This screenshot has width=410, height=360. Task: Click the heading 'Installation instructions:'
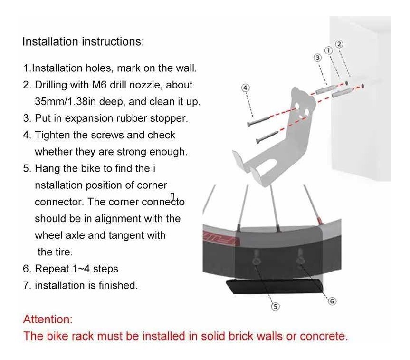tap(83, 42)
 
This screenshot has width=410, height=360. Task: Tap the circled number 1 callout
tap(328, 50)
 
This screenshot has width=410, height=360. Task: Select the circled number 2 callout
tap(339, 44)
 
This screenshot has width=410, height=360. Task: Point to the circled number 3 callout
tap(317, 58)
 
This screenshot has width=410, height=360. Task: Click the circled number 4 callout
tap(245, 88)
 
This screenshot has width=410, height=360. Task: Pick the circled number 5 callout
tap(275, 306)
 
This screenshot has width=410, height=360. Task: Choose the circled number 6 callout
tap(332, 302)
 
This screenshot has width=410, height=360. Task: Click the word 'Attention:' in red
tap(48, 320)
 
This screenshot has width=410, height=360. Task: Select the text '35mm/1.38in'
tap(66, 102)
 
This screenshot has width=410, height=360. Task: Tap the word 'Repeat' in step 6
tap(52, 269)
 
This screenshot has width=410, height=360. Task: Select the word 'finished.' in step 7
tap(118, 285)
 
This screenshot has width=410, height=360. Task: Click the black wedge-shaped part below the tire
tap(274, 286)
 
